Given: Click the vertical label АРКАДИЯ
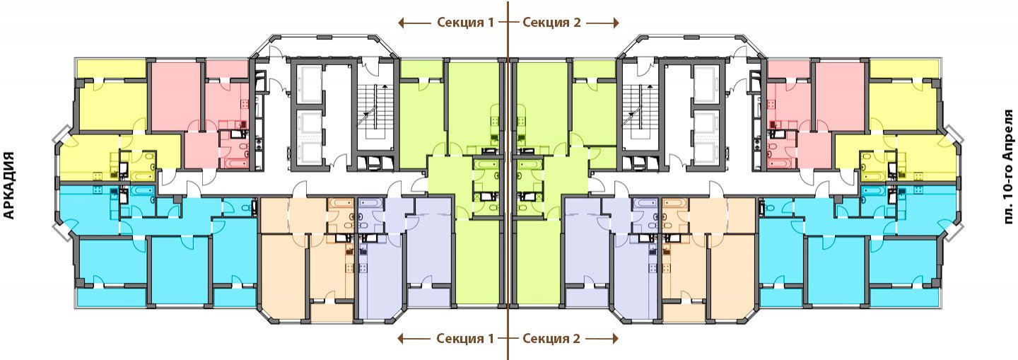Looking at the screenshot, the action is click(x=10, y=185).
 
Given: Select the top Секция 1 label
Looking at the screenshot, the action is click(x=465, y=22).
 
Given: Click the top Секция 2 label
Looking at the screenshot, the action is click(x=551, y=22).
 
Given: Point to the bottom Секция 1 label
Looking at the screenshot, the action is click(x=465, y=338).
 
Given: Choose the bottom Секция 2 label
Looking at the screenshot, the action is click(x=551, y=338).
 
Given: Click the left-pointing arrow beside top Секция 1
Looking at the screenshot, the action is click(x=414, y=23).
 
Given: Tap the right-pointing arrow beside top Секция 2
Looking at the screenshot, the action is click(x=602, y=23).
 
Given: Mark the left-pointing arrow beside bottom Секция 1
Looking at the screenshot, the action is click(x=414, y=339).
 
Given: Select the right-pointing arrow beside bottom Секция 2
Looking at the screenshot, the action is click(x=602, y=339).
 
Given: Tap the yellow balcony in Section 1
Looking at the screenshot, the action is click(x=111, y=69).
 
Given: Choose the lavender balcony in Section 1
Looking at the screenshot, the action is click(x=428, y=297).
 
